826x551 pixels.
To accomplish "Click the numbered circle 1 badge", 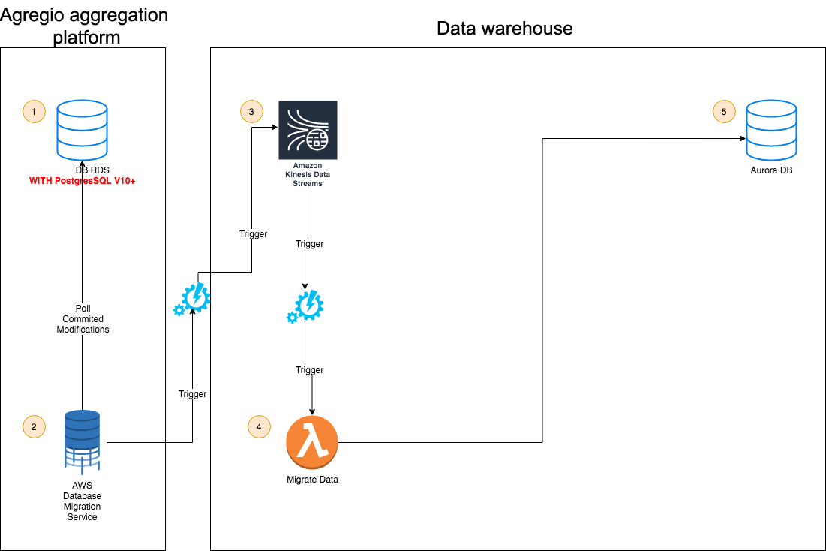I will tap(34, 113).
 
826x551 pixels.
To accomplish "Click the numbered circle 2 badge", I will tap(34, 426).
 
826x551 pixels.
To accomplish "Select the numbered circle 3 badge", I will tap(251, 112).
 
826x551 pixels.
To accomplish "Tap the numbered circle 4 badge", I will tap(259, 426).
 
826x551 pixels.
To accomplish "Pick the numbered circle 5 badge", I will tap(724, 112).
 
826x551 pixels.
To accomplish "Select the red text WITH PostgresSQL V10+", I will tap(82, 182).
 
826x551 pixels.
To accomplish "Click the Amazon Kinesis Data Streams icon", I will tap(308, 130).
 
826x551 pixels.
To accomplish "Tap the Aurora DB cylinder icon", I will tap(770, 131).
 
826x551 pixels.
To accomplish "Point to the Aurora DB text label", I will tap(770, 170).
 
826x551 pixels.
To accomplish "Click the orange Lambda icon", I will tap(312, 441).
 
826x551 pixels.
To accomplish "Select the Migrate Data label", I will tap(312, 480).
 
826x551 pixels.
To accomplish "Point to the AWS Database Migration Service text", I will tap(82, 501).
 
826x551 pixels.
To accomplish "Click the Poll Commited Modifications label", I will tap(83, 319).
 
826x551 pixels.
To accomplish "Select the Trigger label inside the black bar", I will tap(192, 394).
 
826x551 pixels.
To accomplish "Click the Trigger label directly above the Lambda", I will tap(309, 370).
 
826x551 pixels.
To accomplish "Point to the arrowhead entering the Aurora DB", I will tap(743, 138).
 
